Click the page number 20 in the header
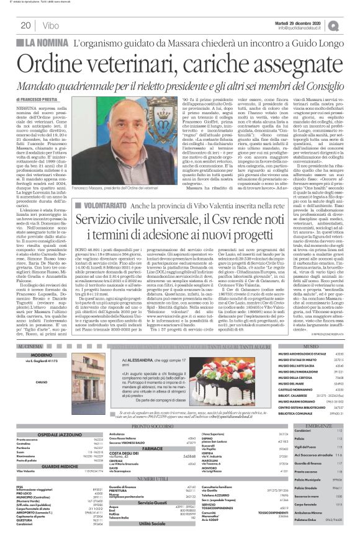pyautogui.click(x=26, y=25)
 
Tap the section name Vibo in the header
pyautogui.click(x=52, y=25)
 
